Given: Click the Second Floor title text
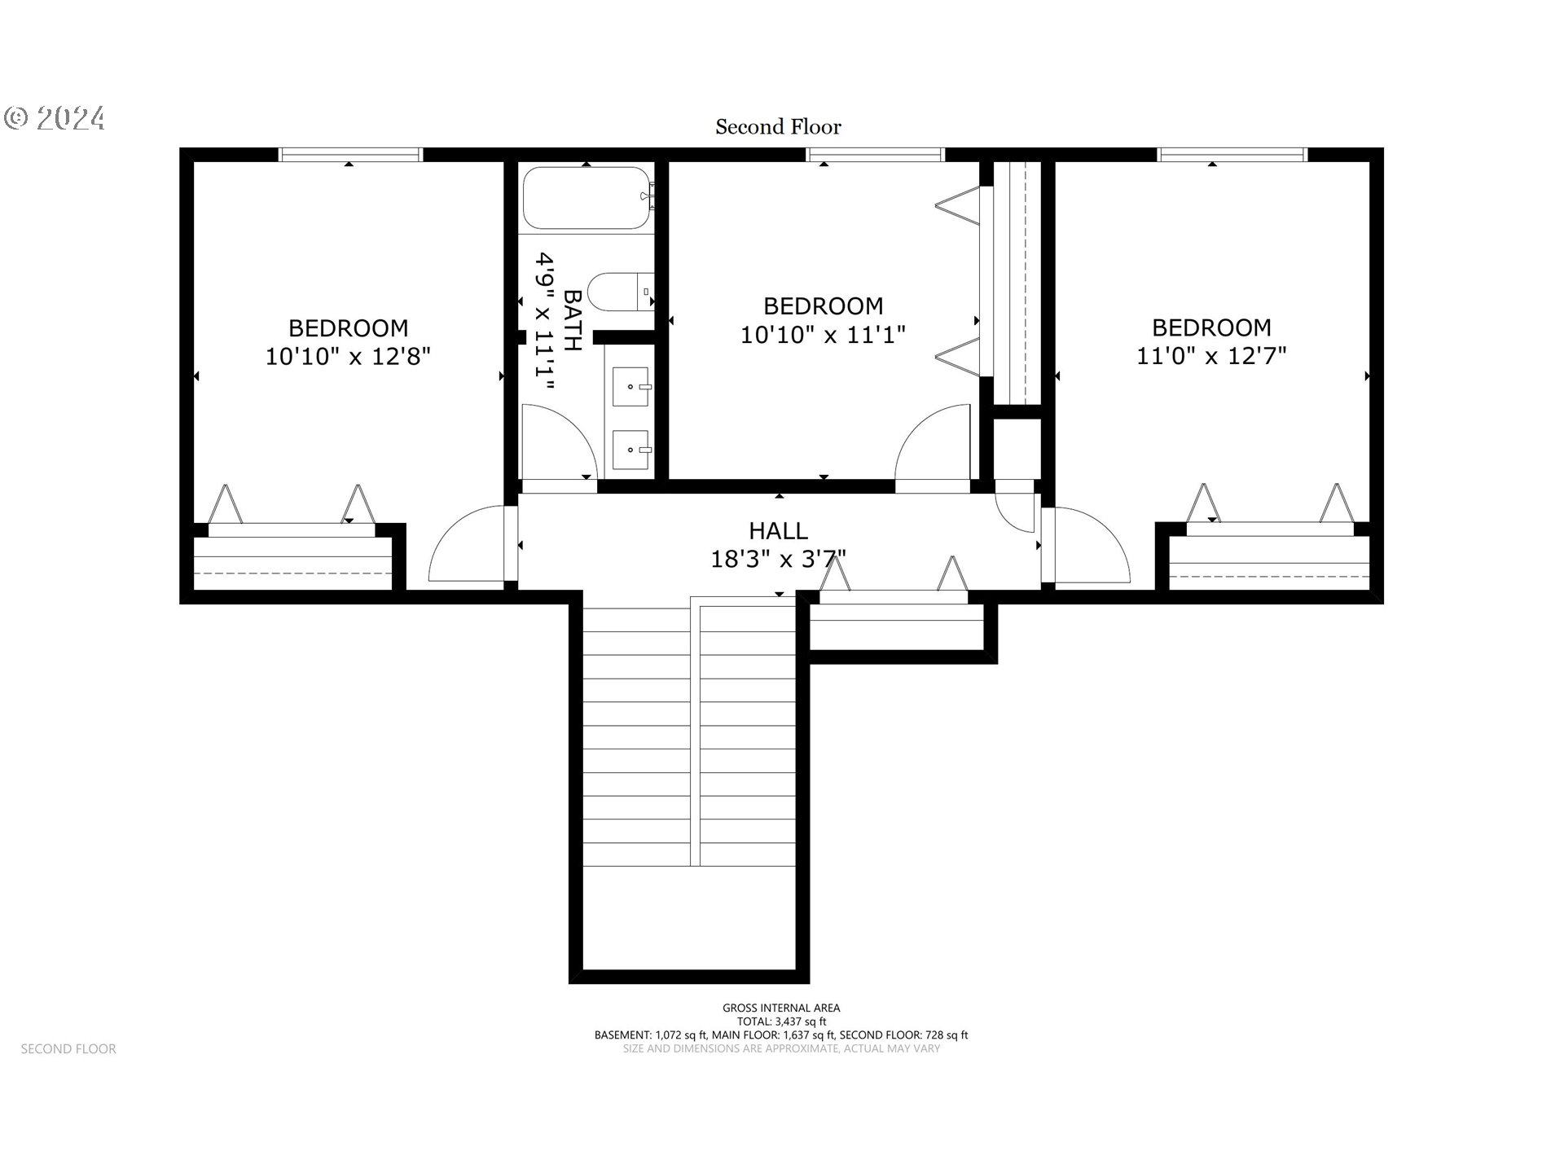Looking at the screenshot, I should click(778, 127).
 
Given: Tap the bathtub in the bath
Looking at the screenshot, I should click(586, 198).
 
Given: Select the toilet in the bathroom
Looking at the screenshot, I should click(619, 292).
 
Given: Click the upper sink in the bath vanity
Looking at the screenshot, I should click(630, 386).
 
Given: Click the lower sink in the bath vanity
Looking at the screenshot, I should click(630, 449).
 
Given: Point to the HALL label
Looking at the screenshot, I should click(778, 531).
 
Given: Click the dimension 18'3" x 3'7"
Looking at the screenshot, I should click(778, 560).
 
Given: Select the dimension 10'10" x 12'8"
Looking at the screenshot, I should click(348, 357).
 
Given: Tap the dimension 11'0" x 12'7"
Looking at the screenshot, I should click(1211, 356).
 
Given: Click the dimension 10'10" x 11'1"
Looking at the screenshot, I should click(823, 335).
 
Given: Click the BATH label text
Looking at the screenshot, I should click(573, 320).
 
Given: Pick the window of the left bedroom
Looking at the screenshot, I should click(350, 155).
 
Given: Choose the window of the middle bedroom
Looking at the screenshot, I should click(876, 155).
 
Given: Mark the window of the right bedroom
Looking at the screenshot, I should click(1232, 155).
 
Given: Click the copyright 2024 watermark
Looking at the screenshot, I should click(55, 119).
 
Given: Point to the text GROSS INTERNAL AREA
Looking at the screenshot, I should click(781, 1008).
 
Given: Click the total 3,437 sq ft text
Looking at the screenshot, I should click(781, 1021).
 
